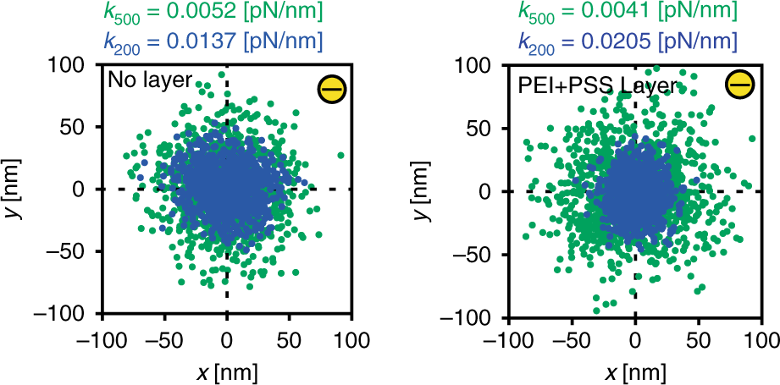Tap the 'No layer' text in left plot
(150, 81)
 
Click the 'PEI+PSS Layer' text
(597, 85)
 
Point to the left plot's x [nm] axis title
(226, 371)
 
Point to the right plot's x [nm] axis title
(634, 371)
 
